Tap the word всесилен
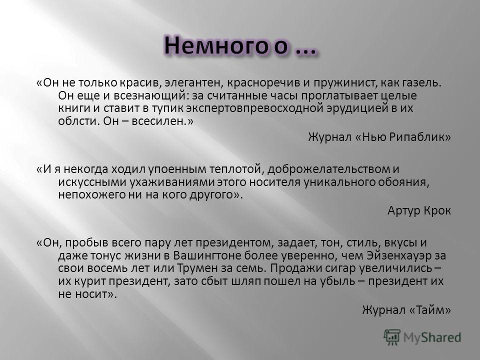pyautogui.click(x=159, y=121)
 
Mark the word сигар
pyautogui.click(x=339, y=268)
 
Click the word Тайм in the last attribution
pyautogui.click(x=432, y=310)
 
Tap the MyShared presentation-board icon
pyautogui.click(x=392, y=337)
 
